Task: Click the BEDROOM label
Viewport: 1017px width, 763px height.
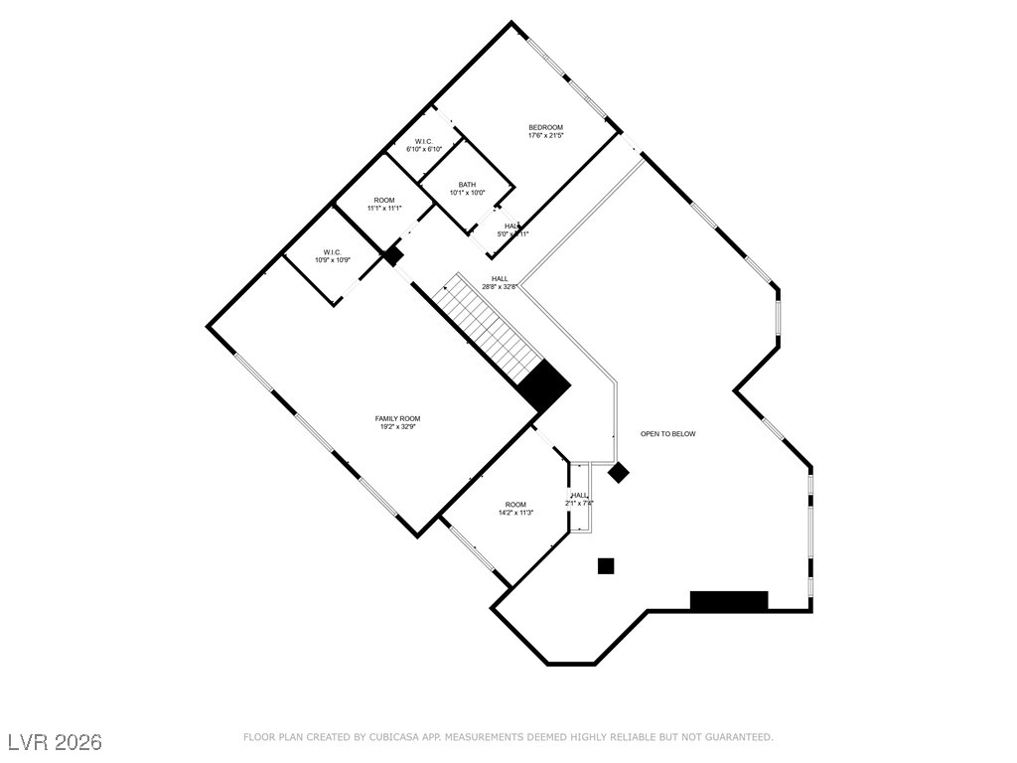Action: (545, 127)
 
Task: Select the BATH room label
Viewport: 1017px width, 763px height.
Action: (467, 185)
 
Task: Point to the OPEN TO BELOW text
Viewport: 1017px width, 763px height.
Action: (667, 434)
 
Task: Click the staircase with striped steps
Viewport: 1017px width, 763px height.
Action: (493, 328)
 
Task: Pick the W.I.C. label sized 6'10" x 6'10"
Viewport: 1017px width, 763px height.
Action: (423, 141)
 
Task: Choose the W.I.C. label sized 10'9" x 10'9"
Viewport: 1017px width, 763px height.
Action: (332, 252)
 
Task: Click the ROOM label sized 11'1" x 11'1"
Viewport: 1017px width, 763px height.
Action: (383, 201)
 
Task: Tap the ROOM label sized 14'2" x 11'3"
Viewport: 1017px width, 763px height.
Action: (514, 505)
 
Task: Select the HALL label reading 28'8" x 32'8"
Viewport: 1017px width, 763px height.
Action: (500, 279)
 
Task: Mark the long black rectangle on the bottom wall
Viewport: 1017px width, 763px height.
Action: (729, 600)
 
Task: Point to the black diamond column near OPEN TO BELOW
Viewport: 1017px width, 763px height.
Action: (619, 473)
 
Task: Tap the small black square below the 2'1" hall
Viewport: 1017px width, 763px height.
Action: (606, 566)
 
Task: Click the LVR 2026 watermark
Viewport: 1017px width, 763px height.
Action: (55, 742)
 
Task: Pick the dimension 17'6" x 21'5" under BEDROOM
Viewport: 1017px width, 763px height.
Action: (545, 136)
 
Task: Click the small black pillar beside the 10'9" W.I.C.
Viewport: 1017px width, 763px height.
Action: (393, 256)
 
